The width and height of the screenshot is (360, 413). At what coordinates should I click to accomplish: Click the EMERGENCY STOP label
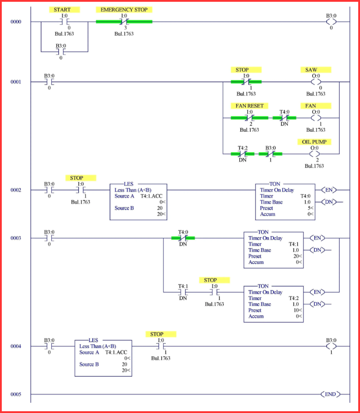point(124,9)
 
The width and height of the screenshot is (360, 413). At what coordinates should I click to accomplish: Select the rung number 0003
point(16,238)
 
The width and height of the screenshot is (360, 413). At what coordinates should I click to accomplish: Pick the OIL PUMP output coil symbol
point(314,154)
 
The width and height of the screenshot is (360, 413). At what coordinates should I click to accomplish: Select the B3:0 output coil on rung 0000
point(331,22)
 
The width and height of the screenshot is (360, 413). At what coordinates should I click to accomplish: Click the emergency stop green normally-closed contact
point(124,22)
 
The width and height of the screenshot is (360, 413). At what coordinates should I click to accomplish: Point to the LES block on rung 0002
point(138,202)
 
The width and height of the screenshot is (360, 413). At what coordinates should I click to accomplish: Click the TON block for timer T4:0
point(285,202)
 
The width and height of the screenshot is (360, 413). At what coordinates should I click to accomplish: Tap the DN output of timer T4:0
point(328,202)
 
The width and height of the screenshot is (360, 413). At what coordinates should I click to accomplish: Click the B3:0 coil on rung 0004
point(331,346)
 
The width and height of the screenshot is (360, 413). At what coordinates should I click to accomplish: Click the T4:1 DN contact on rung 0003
point(183,292)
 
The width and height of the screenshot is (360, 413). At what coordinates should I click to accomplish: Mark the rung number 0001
point(16,82)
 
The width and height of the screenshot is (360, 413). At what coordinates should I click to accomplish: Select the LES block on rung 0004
point(103,358)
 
